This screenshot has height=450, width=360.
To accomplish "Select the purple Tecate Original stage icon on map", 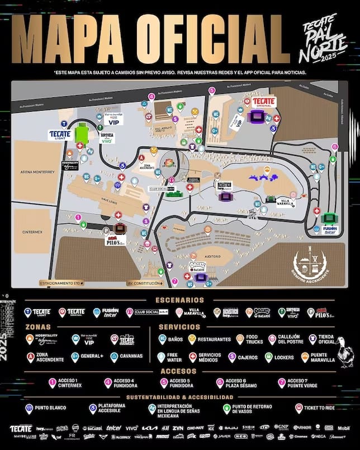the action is (259, 116).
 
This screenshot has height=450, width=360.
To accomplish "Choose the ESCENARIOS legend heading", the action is (180, 300).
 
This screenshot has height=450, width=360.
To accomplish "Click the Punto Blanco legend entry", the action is (45, 409).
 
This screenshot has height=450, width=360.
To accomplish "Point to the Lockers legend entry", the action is (283, 357).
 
